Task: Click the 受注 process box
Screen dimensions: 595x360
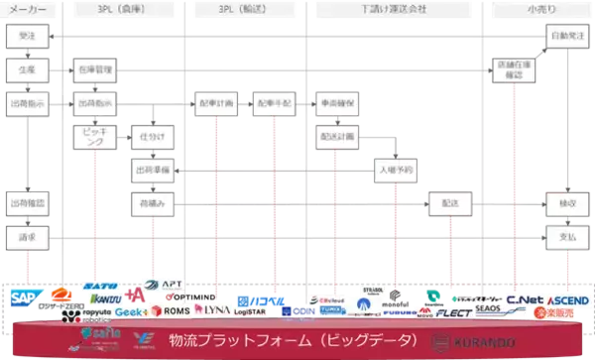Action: (x=25, y=36)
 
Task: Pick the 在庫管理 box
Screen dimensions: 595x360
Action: (x=95, y=70)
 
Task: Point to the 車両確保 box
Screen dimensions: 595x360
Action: (x=339, y=103)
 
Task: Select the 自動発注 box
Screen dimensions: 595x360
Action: (x=566, y=36)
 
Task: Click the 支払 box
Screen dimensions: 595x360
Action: (x=566, y=238)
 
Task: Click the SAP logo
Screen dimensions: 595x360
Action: (x=23, y=297)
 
